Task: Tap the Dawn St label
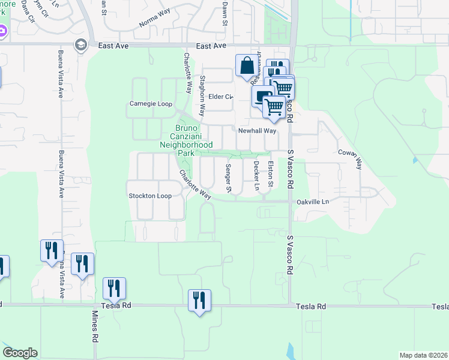point(224,10)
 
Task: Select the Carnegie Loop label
point(151,104)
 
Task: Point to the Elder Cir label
point(220,97)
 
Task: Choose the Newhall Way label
point(257,130)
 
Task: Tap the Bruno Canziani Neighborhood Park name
point(186,140)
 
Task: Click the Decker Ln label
point(256,175)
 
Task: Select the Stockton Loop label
point(150,196)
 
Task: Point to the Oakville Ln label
point(313,202)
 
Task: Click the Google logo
point(20,353)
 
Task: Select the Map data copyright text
point(424,355)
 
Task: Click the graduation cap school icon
point(80,45)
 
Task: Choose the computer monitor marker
point(261,96)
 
